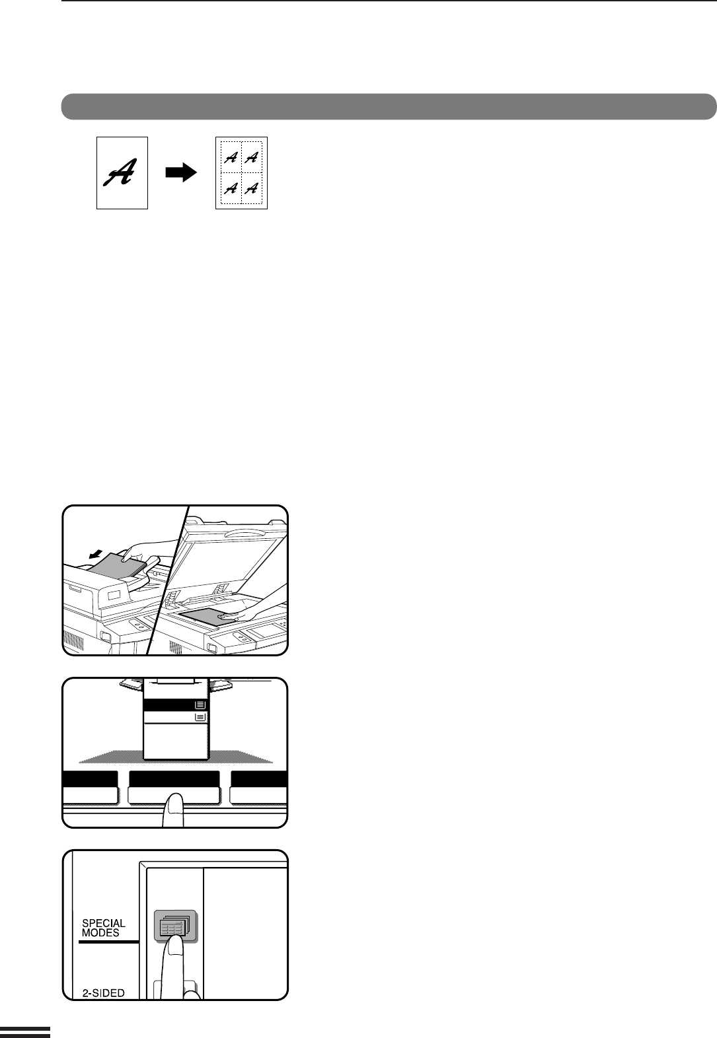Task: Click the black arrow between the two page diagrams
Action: coord(181,172)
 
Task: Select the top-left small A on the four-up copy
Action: coord(231,158)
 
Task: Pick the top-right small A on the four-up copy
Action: coord(251,158)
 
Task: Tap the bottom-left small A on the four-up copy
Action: coord(231,188)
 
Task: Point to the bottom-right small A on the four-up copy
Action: coord(251,188)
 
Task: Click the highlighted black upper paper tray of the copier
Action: coord(176,705)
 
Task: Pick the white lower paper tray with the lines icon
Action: coord(176,717)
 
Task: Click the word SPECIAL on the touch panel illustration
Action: coord(104,923)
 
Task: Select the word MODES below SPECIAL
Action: coord(100,933)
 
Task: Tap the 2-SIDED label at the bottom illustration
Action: coord(104,992)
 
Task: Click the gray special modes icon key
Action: coord(176,926)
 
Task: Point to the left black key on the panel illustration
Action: coord(90,778)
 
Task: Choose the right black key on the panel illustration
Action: coord(259,778)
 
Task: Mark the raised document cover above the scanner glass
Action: coord(227,551)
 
